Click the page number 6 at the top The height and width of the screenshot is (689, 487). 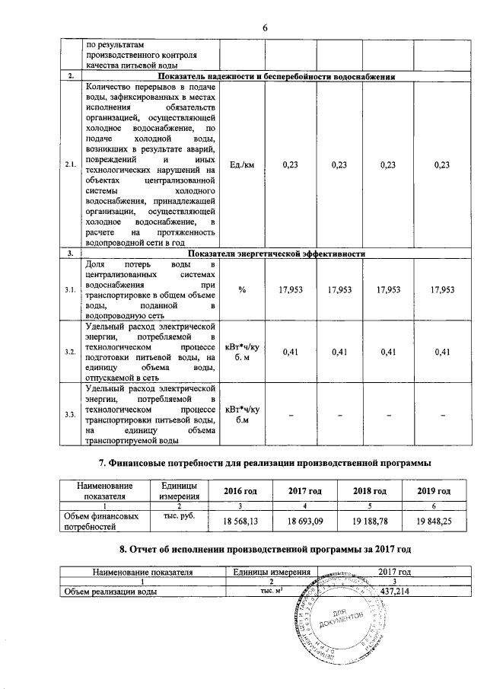pos(266,27)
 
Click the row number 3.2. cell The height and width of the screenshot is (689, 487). pos(70,352)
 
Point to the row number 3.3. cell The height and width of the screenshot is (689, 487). pos(70,414)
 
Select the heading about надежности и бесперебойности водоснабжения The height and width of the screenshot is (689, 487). pos(276,78)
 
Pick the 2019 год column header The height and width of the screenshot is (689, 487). pos(434,491)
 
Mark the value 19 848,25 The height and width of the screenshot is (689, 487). pos(434,522)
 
